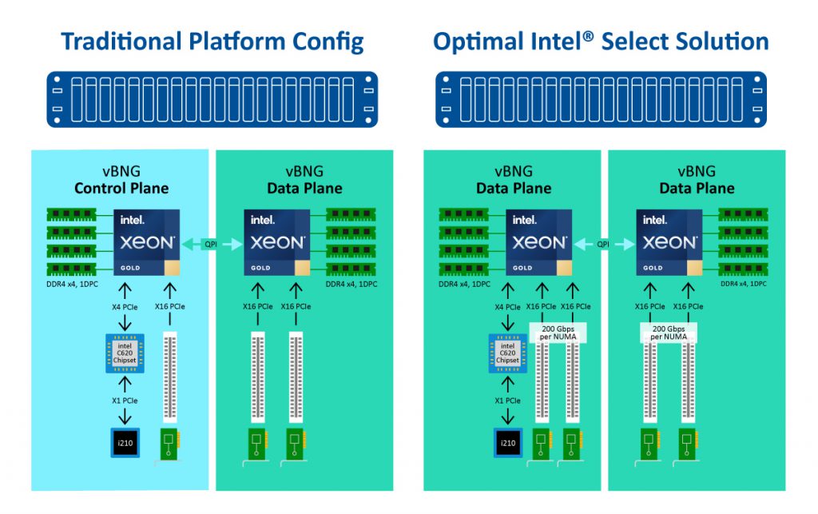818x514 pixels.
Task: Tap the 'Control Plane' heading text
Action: pos(121,189)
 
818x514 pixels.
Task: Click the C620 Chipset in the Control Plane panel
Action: pos(124,352)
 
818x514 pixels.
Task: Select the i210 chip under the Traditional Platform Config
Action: pos(125,443)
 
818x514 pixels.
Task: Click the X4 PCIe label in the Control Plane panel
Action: pos(124,306)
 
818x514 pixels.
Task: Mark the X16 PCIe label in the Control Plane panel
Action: pos(169,306)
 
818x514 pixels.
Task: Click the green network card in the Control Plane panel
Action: pos(169,444)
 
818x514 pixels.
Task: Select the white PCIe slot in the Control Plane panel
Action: pos(169,377)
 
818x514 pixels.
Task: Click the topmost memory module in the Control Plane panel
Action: pos(71,215)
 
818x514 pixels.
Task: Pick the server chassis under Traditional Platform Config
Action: pos(212,99)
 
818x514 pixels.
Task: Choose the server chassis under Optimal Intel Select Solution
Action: pos(601,99)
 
